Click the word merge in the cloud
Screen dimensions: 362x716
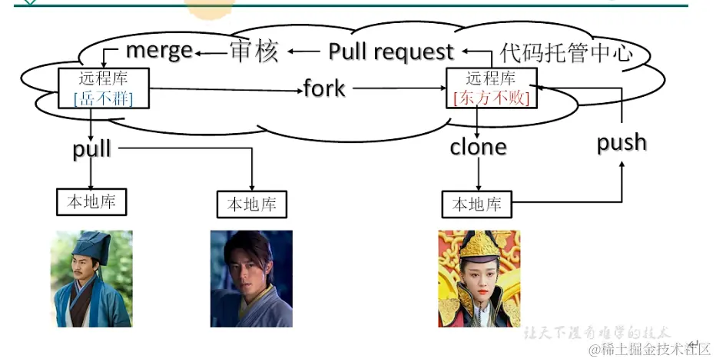click(x=159, y=51)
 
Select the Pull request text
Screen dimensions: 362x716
click(x=391, y=51)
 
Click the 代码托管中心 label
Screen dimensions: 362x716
click(x=567, y=52)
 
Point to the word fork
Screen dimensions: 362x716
click(x=324, y=88)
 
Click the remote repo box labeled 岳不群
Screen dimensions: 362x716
click(x=103, y=88)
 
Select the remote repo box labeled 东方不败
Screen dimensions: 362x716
click(x=491, y=88)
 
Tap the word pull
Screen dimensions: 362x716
click(x=92, y=149)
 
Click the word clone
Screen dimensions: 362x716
click(x=478, y=146)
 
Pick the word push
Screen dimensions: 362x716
click(x=622, y=142)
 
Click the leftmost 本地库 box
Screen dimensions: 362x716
click(x=91, y=202)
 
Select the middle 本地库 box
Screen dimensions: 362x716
click(x=251, y=204)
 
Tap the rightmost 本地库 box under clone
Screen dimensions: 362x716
click(x=476, y=204)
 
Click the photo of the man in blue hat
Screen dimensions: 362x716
click(x=91, y=278)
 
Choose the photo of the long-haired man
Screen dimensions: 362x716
click(x=251, y=278)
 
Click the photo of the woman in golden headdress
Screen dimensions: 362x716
click(x=479, y=278)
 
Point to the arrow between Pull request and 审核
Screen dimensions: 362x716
click(x=303, y=51)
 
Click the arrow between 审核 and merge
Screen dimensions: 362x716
click(x=209, y=52)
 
